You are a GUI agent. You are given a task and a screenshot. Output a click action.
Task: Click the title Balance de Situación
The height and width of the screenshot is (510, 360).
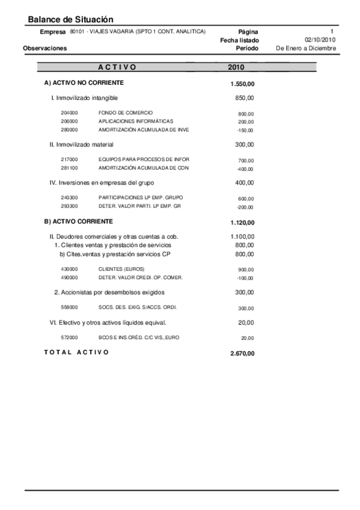click(71, 20)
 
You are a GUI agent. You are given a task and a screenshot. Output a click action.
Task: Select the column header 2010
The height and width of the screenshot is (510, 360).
click(236, 67)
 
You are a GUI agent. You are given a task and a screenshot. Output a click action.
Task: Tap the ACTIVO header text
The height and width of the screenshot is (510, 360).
click(117, 67)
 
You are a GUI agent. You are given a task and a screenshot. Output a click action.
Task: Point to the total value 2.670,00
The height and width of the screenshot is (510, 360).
click(242, 354)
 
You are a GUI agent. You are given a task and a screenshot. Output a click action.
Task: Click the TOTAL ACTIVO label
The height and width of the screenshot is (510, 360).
click(77, 352)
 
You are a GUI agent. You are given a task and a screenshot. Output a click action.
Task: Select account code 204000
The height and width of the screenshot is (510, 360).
click(70, 113)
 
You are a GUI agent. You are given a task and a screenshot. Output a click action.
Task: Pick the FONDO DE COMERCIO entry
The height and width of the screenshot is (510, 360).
click(126, 113)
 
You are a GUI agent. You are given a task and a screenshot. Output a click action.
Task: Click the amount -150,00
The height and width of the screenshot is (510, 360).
click(245, 131)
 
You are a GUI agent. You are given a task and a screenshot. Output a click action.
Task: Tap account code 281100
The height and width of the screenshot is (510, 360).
click(70, 168)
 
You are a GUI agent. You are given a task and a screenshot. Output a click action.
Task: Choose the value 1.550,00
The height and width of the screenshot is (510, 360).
click(242, 84)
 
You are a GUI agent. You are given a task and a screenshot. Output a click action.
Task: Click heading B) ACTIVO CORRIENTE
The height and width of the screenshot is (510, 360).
click(79, 221)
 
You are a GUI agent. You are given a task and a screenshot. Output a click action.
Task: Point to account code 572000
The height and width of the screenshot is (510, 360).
click(70, 337)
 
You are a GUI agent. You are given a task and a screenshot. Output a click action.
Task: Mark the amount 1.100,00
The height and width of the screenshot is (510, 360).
click(242, 237)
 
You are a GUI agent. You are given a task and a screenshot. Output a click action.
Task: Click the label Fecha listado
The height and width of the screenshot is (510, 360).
click(240, 40)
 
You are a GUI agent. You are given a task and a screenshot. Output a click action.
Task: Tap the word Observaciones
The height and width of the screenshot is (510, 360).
click(45, 48)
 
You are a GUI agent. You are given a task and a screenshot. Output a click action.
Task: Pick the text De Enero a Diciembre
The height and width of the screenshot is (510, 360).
click(306, 48)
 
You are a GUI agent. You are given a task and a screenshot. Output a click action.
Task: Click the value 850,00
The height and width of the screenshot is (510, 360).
click(245, 97)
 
